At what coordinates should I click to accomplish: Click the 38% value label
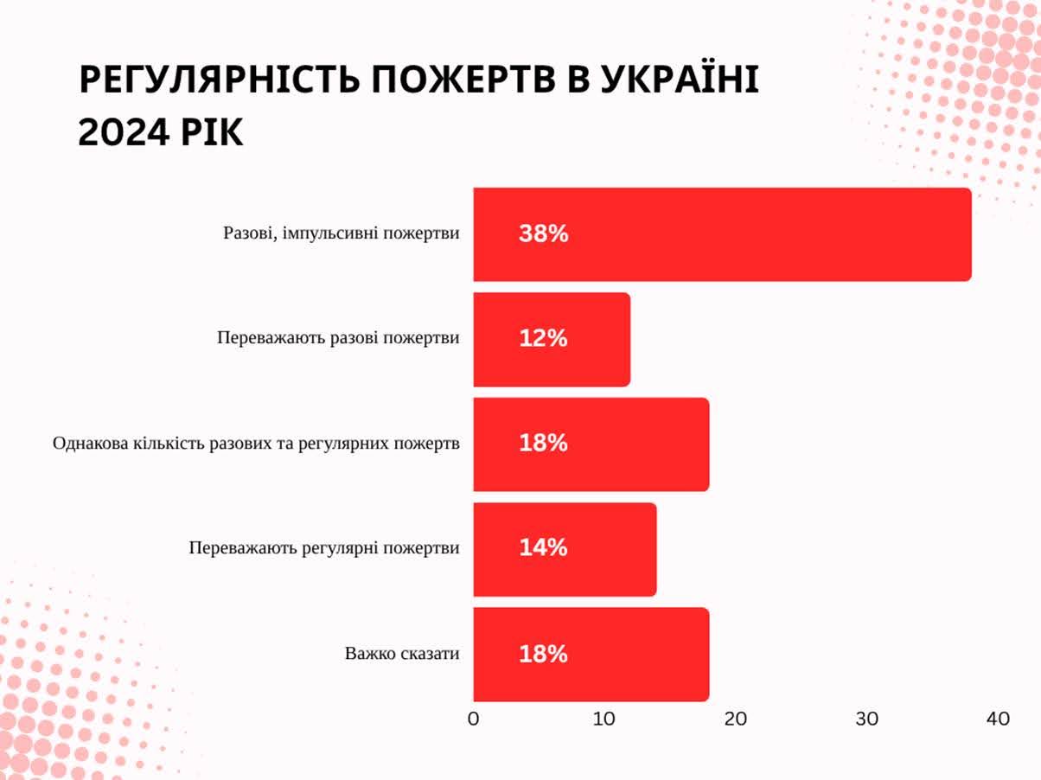pyautogui.click(x=544, y=233)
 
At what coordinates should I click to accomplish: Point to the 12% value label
pyautogui.click(x=544, y=338)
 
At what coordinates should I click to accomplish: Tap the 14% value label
pyautogui.click(x=544, y=547)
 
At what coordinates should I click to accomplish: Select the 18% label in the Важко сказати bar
pyautogui.click(x=544, y=654)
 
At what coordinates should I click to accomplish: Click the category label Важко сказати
pyautogui.click(x=402, y=654)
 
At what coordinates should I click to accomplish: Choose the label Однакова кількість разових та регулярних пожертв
pyautogui.click(x=256, y=444)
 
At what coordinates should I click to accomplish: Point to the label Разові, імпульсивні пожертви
pyautogui.click(x=342, y=233)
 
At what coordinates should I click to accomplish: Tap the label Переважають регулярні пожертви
pyautogui.click(x=324, y=548)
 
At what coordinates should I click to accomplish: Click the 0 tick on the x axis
pyautogui.click(x=473, y=719)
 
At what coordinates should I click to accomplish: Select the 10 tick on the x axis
pyautogui.click(x=604, y=719)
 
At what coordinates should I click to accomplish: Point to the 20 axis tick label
pyautogui.click(x=736, y=719)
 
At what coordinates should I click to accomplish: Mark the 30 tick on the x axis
pyautogui.click(x=867, y=719)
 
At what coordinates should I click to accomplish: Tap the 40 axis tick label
pyautogui.click(x=998, y=719)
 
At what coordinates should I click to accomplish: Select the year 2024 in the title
pyautogui.click(x=121, y=132)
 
